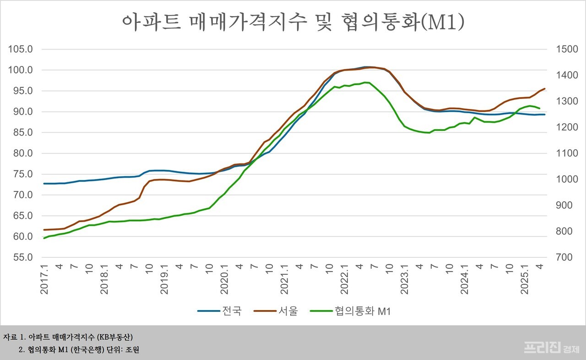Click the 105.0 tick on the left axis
click(x=20, y=49)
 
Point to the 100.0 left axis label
click(x=20, y=70)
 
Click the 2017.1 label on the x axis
click(x=44, y=278)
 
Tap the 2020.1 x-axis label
click(x=224, y=278)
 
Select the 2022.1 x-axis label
click(x=344, y=278)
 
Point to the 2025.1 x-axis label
click(x=525, y=278)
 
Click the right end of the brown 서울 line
click(x=544, y=88)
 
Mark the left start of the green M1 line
click(x=44, y=238)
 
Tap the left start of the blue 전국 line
click(x=44, y=184)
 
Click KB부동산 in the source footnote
click(x=115, y=337)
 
